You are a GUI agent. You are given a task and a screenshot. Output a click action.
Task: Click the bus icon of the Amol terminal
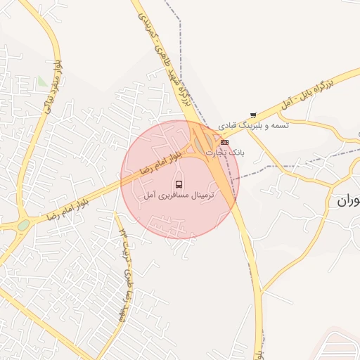pos(179,184)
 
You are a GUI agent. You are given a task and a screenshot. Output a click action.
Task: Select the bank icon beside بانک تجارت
pos(224,142)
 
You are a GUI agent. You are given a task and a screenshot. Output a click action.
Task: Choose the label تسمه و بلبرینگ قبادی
pos(253,124)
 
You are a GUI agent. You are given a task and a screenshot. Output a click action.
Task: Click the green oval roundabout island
pos(24,225)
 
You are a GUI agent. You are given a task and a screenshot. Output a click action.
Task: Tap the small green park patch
pos(44,82)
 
